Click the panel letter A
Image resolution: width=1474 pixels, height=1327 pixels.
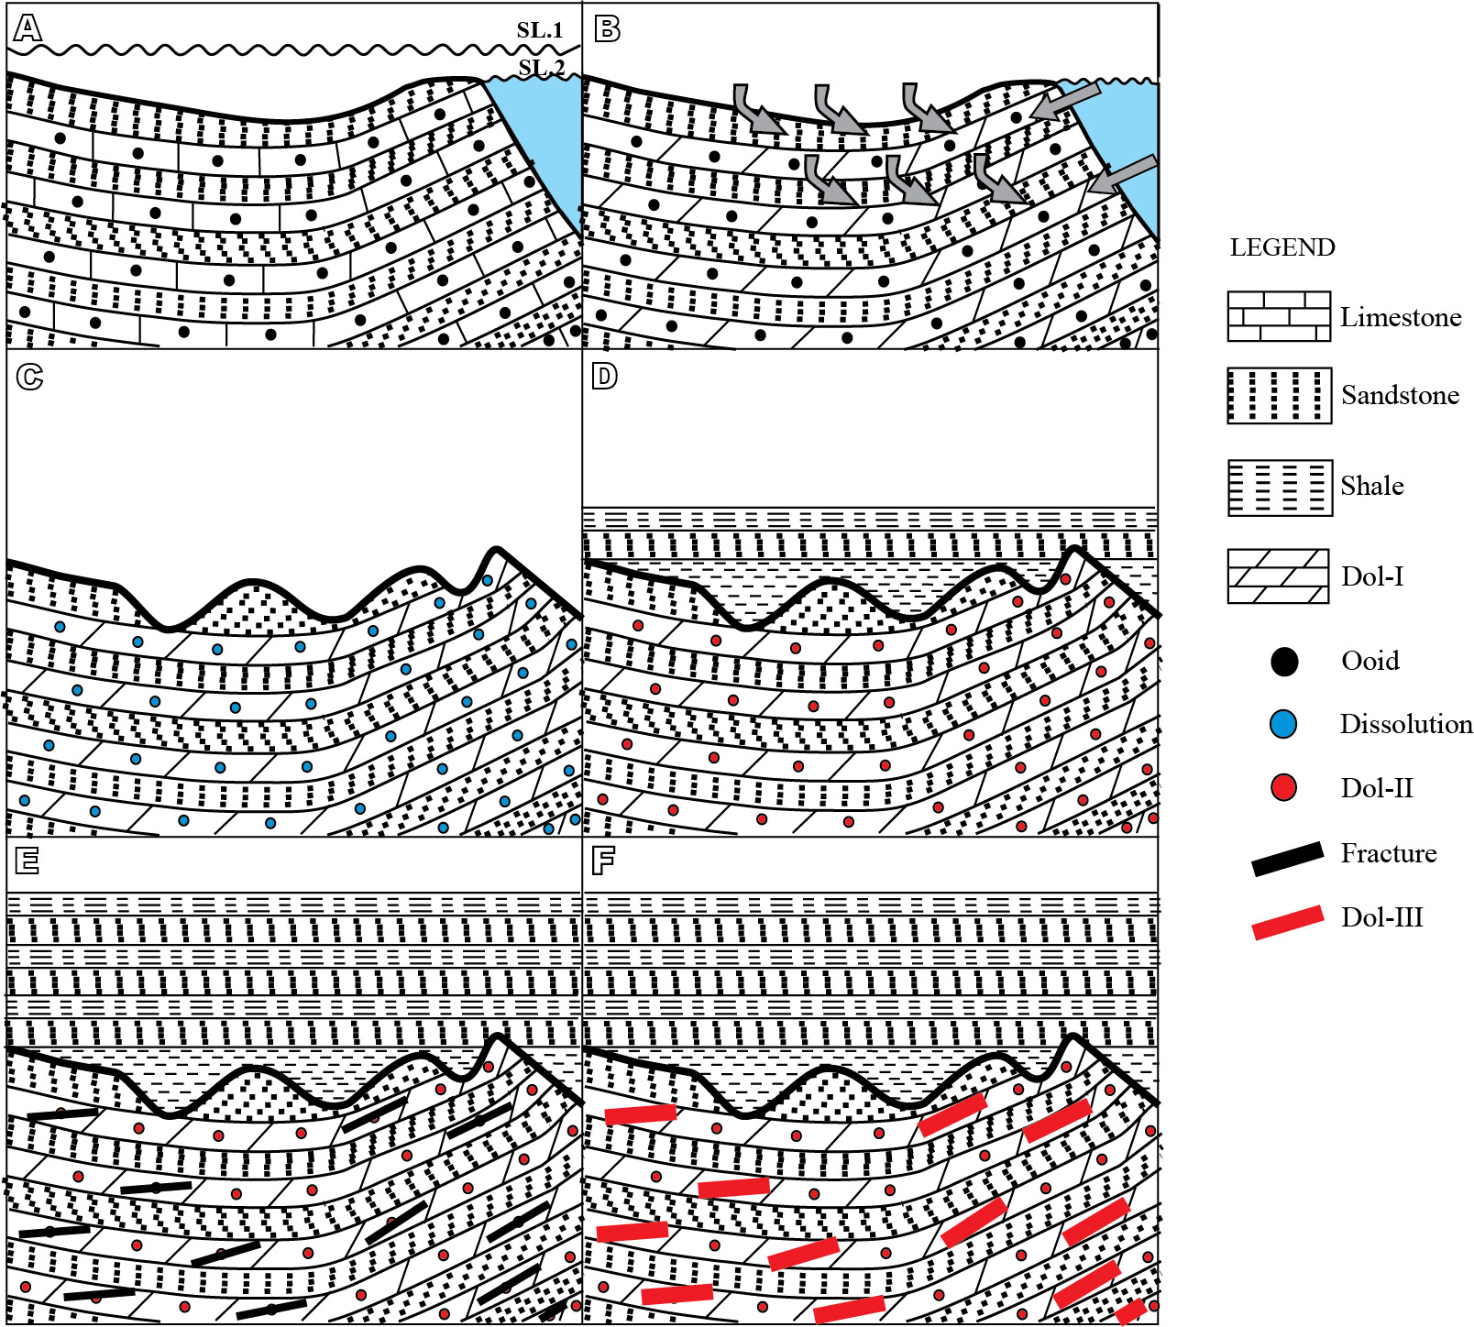click(x=27, y=28)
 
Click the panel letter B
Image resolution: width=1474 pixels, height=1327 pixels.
click(x=607, y=28)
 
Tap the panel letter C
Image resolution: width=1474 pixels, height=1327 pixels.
click(x=29, y=377)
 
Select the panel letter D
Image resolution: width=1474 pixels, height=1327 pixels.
click(x=605, y=376)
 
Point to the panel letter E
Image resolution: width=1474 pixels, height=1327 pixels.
click(x=27, y=861)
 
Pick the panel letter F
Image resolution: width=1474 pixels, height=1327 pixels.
click(x=603, y=861)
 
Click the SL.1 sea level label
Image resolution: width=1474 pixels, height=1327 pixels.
click(x=539, y=30)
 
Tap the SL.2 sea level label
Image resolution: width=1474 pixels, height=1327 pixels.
click(x=541, y=68)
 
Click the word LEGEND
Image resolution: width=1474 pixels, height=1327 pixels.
click(x=1281, y=247)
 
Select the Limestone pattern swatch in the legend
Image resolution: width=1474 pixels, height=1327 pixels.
click(x=1278, y=316)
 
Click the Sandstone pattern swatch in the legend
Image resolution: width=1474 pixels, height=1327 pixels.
click(x=1279, y=396)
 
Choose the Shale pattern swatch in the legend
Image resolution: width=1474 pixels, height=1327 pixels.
click(x=1279, y=488)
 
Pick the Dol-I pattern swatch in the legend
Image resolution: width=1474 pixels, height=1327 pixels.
click(x=1278, y=576)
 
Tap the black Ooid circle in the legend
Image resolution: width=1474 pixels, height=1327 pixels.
click(x=1284, y=662)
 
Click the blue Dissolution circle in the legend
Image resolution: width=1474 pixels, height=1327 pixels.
click(x=1283, y=724)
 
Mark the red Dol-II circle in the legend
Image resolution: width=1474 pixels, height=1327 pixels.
click(x=1283, y=787)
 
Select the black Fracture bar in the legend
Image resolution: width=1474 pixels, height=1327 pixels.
click(x=1287, y=859)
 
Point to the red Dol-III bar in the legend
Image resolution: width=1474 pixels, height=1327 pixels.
click(x=1287, y=922)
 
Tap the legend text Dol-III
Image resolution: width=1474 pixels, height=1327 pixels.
click(x=1381, y=917)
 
